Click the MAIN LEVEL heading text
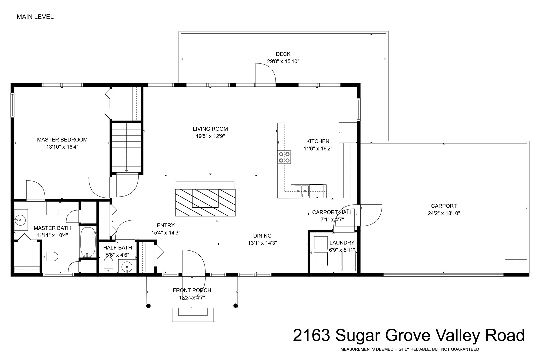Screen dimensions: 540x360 point(35,17)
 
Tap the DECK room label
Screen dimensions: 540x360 point(283,54)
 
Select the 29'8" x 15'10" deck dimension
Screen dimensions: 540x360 point(283,61)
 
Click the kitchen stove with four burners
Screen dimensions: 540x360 point(284,157)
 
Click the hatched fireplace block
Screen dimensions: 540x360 point(205,203)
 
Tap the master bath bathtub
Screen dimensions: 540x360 point(88,242)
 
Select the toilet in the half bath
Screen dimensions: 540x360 point(108,265)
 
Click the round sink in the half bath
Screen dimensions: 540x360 point(127,267)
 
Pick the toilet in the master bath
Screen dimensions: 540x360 point(50,257)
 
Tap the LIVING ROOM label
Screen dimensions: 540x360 point(210,129)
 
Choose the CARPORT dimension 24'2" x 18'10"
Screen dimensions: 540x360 point(444,213)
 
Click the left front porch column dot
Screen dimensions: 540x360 point(149,306)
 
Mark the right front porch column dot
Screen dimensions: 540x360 point(236,306)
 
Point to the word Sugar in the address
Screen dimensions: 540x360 point(358,335)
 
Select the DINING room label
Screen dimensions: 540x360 point(262,236)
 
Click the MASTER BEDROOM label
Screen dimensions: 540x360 point(62,140)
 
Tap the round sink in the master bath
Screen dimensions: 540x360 point(20,220)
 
